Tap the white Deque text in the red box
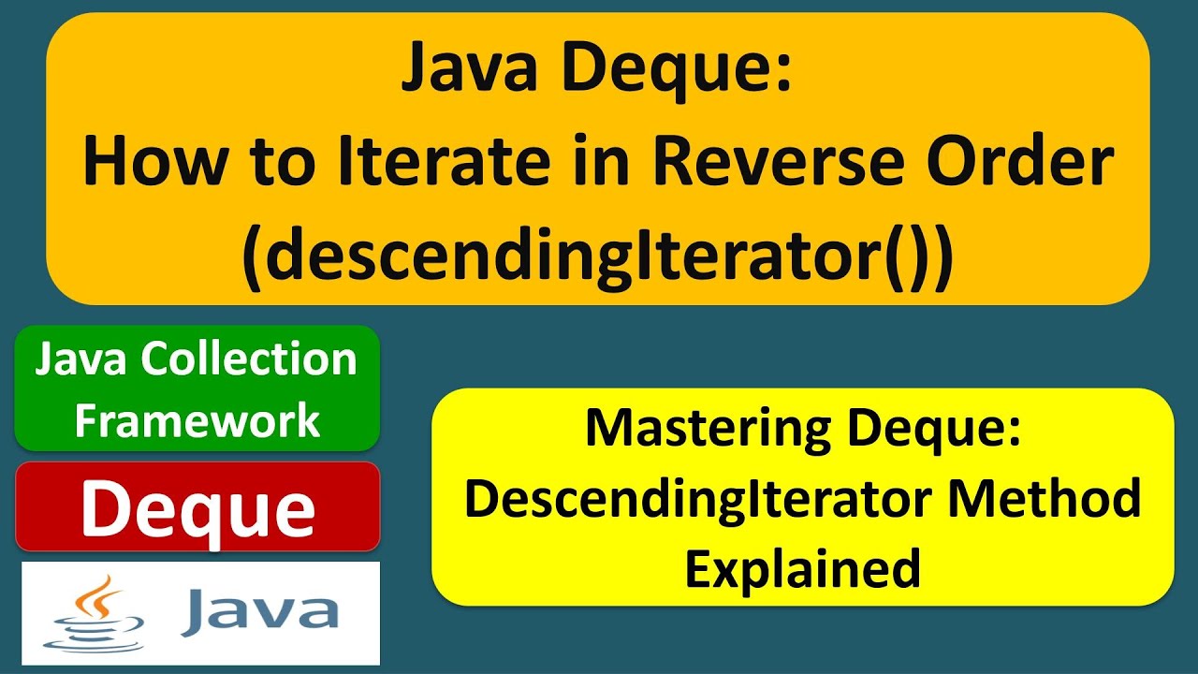[197, 508]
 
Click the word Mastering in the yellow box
[708, 429]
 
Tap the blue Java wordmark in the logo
[259, 611]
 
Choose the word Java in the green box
[74, 359]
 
